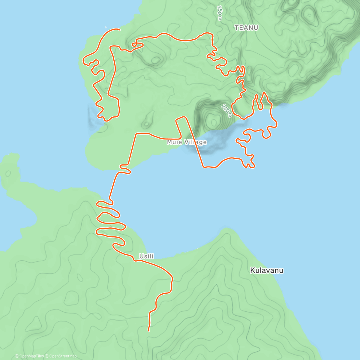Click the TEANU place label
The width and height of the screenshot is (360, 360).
[x=246, y=28]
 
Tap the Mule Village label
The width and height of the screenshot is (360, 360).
[x=187, y=142]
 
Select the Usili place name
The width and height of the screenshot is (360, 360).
[x=146, y=256]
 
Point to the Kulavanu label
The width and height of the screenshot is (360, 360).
[x=267, y=270]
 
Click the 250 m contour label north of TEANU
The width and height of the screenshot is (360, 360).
[x=220, y=13]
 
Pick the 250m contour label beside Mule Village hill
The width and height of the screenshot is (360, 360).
[x=227, y=111]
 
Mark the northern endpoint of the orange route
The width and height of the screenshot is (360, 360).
[x=120, y=29]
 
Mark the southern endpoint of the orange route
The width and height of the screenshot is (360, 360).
[x=149, y=331]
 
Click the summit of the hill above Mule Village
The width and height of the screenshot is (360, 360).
[x=214, y=122]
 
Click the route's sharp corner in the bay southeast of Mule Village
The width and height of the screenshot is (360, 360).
[x=204, y=167]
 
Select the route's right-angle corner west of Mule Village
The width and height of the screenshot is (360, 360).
[x=136, y=134]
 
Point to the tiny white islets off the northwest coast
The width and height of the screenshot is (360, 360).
[x=106, y=27]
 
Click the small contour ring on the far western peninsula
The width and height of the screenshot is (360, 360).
[x=8, y=173]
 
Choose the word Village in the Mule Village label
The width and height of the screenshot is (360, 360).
[x=195, y=142]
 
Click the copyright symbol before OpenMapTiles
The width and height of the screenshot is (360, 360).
[x=17, y=356]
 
